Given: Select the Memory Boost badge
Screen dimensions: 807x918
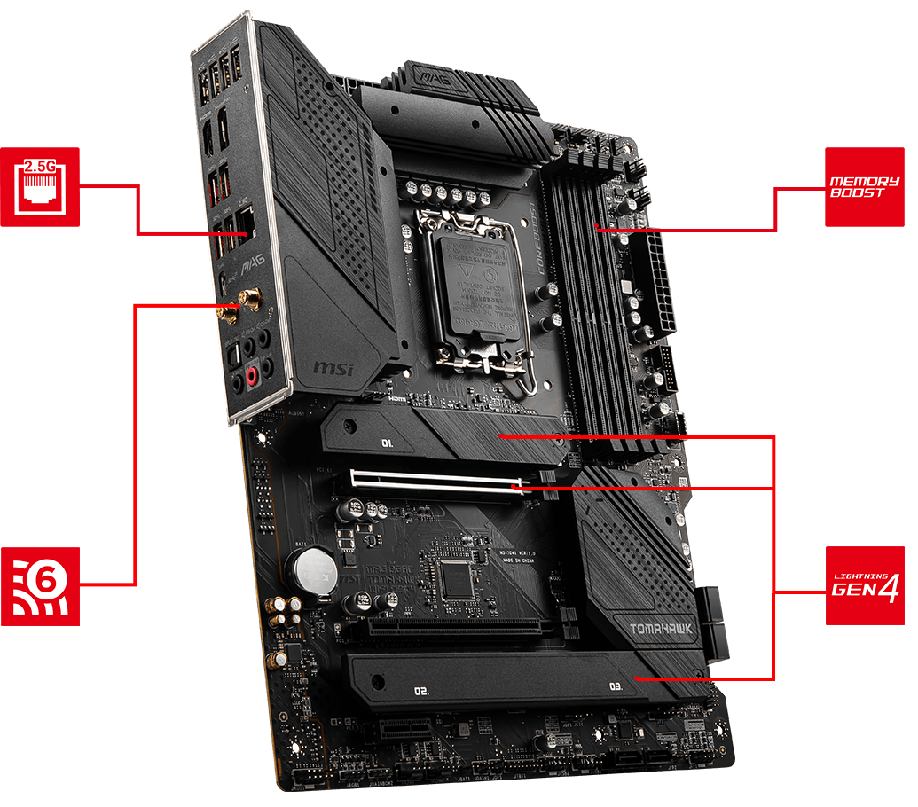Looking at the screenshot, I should pyautogui.click(x=864, y=186).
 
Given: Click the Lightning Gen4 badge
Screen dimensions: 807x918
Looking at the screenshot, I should pyautogui.click(x=864, y=586).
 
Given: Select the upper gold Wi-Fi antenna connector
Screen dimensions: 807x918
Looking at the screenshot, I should pyautogui.click(x=252, y=302).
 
